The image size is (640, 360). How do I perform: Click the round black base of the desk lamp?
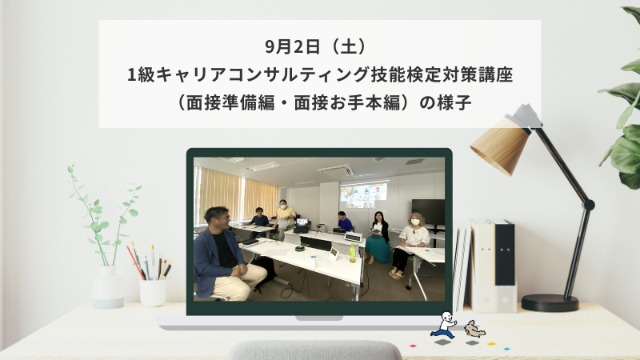550,302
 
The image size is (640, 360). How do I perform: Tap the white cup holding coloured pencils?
152,290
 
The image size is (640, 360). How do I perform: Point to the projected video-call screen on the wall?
363,194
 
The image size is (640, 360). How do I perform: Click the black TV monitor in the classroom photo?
427,211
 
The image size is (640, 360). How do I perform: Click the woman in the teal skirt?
378,238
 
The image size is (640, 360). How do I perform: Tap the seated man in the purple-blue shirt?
343,222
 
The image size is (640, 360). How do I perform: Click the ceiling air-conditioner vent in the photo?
336,170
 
